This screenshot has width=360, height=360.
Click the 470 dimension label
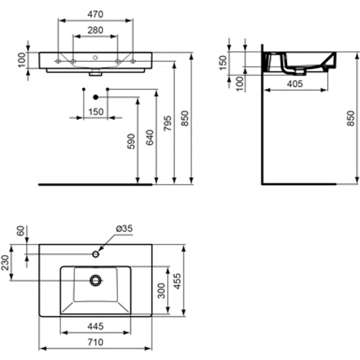[95, 14]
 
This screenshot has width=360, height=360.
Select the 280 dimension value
[95, 30]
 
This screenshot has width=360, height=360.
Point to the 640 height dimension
[149, 137]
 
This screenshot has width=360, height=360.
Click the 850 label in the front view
[185, 118]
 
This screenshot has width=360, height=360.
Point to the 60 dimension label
[21, 231]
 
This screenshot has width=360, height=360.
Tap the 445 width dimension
[95, 326]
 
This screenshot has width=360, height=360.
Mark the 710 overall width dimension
[95, 342]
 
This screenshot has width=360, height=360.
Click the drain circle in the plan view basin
[95, 279]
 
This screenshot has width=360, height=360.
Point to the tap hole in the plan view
[95, 253]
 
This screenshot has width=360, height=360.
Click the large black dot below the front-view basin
[95, 97]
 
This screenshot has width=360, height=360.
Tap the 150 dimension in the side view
[223, 61]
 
